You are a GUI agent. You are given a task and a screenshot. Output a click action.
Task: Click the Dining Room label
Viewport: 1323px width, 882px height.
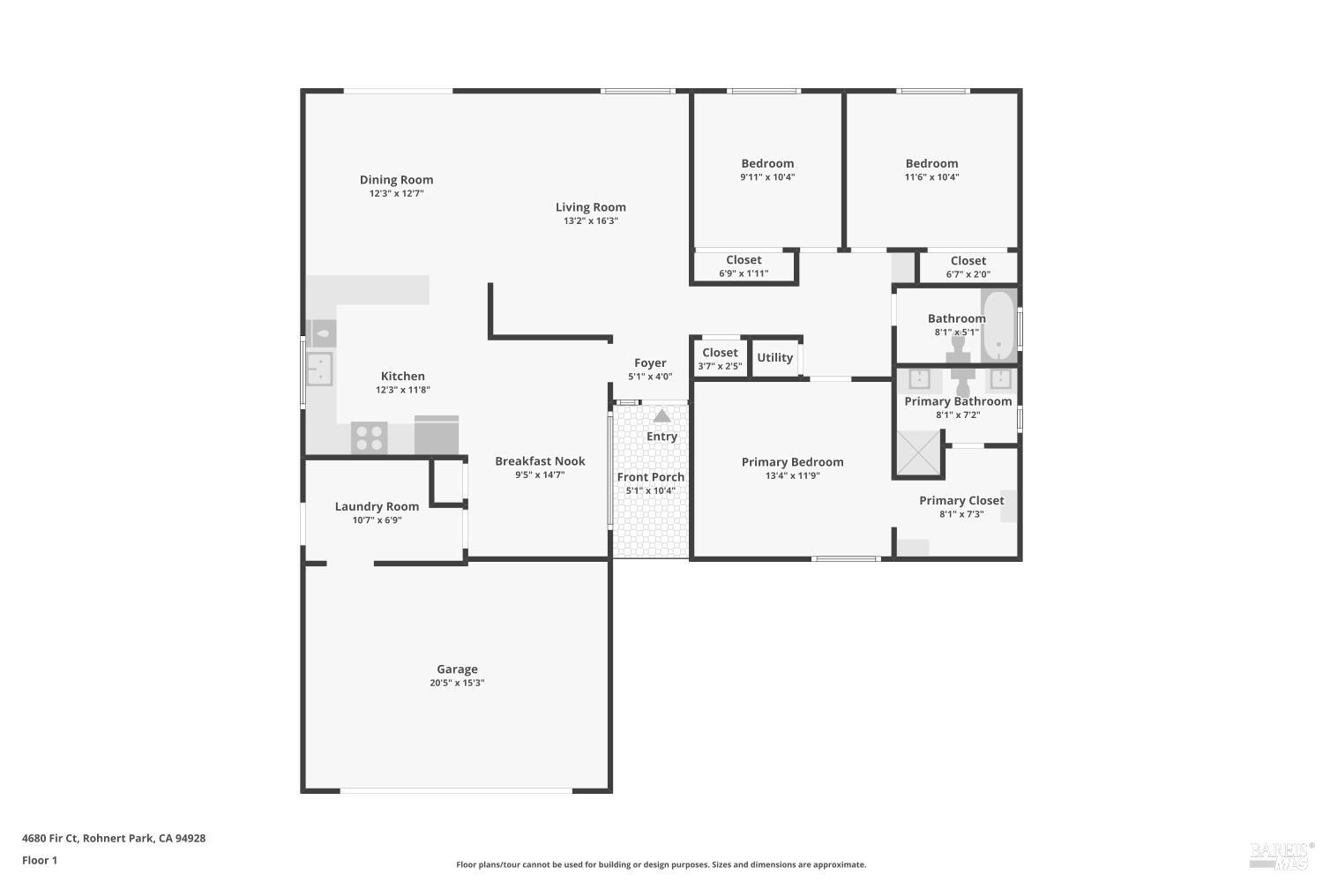click(x=396, y=180)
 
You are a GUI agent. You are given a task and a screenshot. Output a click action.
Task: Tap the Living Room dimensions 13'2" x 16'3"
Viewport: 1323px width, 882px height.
click(x=590, y=221)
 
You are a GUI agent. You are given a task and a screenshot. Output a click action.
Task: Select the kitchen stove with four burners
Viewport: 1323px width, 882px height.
click(x=370, y=437)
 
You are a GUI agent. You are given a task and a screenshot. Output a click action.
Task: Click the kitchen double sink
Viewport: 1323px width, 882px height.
click(x=318, y=369)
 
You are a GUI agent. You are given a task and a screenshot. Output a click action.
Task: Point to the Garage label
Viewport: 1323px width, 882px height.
click(x=457, y=669)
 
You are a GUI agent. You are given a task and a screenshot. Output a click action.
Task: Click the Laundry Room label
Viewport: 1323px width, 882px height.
click(x=377, y=506)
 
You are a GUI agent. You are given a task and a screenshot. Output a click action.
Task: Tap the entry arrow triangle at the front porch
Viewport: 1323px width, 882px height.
click(x=661, y=415)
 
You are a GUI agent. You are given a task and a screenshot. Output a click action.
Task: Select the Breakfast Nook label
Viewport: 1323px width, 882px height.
click(x=540, y=461)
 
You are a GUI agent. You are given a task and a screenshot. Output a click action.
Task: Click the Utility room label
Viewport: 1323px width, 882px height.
click(x=774, y=357)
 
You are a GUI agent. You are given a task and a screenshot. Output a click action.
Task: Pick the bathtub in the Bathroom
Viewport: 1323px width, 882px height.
click(x=998, y=325)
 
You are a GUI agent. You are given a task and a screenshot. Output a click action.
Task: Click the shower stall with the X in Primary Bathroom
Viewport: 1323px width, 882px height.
click(x=918, y=453)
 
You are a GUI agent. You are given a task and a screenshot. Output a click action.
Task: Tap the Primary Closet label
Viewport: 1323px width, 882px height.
click(x=961, y=500)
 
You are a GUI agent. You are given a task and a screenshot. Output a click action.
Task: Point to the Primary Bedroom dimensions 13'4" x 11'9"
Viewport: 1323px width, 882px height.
click(x=792, y=476)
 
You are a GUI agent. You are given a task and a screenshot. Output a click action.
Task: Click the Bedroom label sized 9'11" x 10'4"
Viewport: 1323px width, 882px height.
click(x=767, y=163)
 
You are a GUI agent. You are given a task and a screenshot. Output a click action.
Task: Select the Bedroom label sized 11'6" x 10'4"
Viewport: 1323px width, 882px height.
click(x=931, y=163)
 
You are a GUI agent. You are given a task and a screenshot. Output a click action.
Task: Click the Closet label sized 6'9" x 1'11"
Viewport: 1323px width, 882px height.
click(x=744, y=260)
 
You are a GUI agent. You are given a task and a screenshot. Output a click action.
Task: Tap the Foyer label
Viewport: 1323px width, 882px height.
click(x=650, y=363)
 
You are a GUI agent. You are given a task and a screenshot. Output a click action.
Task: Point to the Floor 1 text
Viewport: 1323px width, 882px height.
click(x=40, y=861)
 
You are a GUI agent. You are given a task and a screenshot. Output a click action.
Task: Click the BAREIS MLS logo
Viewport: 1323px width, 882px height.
click(x=1281, y=854)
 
